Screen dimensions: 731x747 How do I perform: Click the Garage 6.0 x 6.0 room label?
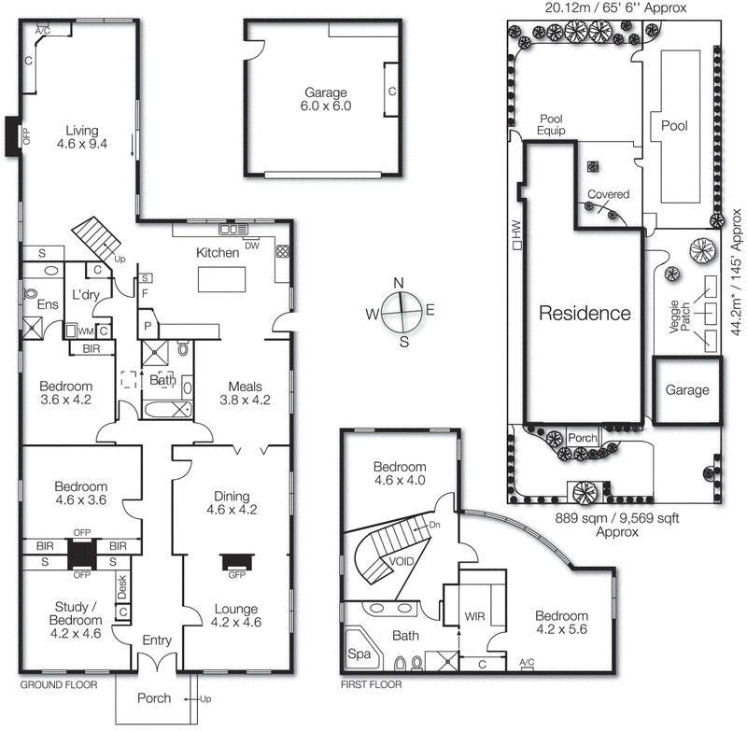pos(325,99)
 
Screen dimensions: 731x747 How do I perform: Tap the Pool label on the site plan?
pos(674,125)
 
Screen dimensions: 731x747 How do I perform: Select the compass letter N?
pos(399,284)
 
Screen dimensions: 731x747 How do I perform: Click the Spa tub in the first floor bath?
pos(358,654)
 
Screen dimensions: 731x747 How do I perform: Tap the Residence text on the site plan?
pos(585,313)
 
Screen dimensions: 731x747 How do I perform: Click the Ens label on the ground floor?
pos(47,303)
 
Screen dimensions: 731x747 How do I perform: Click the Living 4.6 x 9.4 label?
pos(81,137)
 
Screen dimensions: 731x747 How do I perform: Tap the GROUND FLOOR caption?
pos(59,684)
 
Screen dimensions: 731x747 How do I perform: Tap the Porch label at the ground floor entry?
pos(154,697)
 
